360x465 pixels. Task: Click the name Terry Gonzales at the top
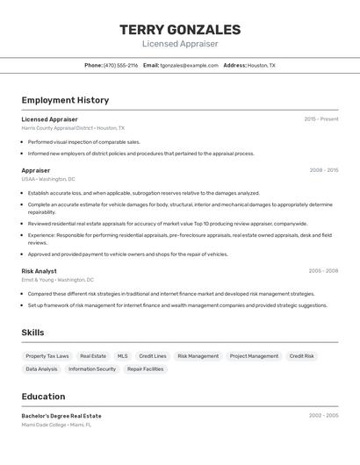180,30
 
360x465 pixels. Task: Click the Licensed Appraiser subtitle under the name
180,44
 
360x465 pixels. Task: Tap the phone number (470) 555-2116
120,65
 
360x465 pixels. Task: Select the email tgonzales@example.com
189,65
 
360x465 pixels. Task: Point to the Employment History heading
65,100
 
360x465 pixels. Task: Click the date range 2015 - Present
321,118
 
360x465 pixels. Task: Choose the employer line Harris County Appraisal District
73,128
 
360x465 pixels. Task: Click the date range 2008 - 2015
323,170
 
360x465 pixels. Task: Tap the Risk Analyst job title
39,271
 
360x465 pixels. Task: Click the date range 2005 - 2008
323,271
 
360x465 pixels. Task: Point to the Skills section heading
32,333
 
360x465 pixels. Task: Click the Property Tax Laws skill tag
47,356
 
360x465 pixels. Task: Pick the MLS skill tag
122,356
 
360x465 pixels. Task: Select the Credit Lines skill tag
153,356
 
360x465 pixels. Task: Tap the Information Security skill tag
92,369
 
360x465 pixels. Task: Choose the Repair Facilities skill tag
145,369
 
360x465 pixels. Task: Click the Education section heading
43,397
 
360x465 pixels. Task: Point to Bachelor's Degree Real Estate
61,416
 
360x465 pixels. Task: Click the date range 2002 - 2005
323,415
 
